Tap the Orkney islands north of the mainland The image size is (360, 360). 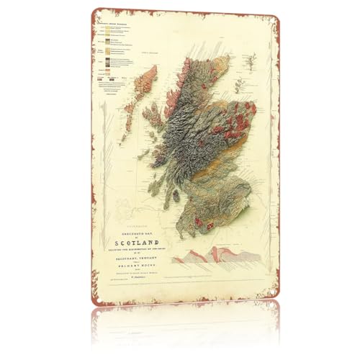click(220, 55)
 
